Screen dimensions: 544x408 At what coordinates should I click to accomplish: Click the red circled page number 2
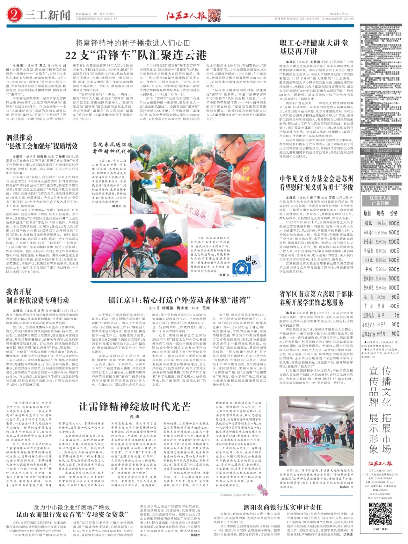coord(14,15)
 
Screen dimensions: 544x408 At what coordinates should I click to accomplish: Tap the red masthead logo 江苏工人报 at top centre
coord(186,16)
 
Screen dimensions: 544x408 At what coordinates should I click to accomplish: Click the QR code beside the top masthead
coord(214,15)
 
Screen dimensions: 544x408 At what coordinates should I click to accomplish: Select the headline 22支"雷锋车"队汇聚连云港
coord(136,55)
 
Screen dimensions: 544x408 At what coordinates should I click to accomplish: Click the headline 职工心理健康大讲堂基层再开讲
coord(314,47)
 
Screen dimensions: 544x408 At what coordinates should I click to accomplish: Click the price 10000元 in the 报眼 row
coord(394,223)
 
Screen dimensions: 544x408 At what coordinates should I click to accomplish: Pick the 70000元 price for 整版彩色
coord(394,287)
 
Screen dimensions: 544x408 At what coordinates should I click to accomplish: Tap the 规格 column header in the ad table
coord(380,213)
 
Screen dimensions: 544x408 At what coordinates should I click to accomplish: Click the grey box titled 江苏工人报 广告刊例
coord(380,200)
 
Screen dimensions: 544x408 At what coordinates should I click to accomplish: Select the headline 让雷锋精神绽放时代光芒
coord(134,407)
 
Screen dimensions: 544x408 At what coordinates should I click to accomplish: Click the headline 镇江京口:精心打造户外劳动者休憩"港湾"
coord(179,300)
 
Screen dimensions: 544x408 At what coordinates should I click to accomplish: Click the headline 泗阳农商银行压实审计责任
coord(283,507)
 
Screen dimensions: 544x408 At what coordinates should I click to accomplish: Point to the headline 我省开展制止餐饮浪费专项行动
coord(38,296)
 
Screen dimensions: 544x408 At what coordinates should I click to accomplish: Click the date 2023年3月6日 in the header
coord(339,14)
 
